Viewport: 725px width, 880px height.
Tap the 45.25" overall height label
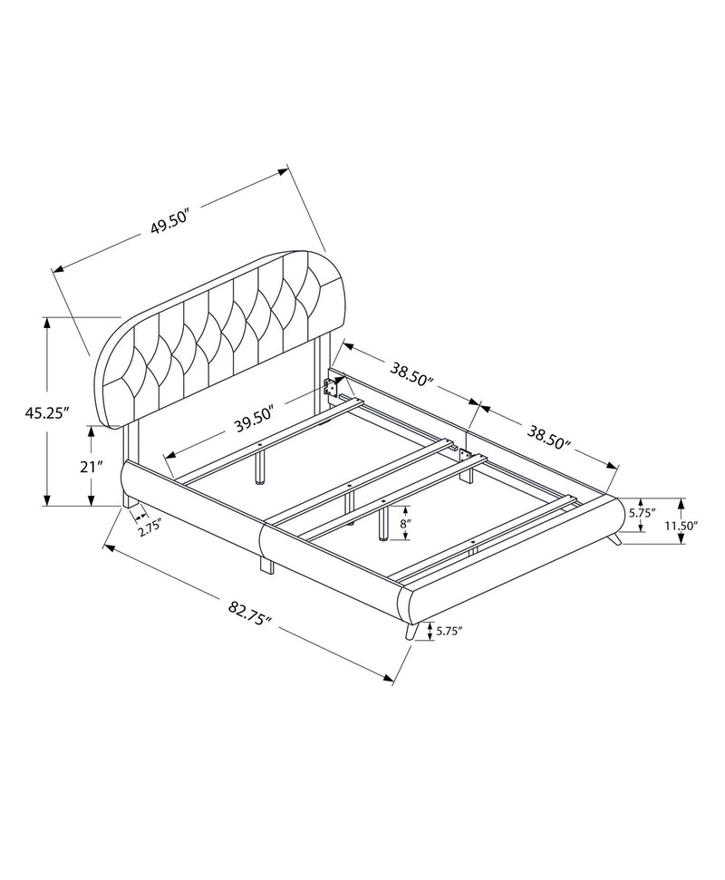pos(47,412)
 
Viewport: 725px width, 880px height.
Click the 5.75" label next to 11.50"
pos(641,513)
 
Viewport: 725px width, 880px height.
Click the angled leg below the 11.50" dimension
pos(615,539)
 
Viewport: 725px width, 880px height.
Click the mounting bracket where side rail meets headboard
pos(332,389)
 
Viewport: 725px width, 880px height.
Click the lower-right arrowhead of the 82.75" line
pos(393,678)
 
